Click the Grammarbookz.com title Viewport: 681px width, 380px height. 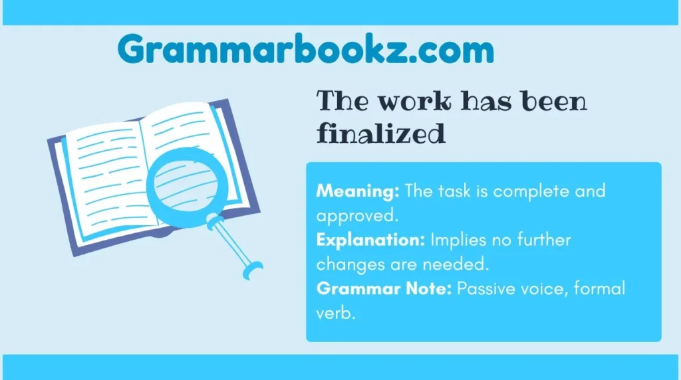tap(306, 49)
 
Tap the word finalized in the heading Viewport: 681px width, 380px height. tap(381, 133)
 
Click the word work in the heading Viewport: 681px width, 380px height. tap(415, 101)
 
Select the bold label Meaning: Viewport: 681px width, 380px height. tap(357, 191)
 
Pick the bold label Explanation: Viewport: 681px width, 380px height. tap(370, 240)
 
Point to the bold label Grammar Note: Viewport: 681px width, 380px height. tap(384, 288)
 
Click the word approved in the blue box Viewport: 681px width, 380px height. tap(357, 216)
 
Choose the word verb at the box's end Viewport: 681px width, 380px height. tap(335, 313)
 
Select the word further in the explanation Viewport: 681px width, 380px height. tap(544, 240)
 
